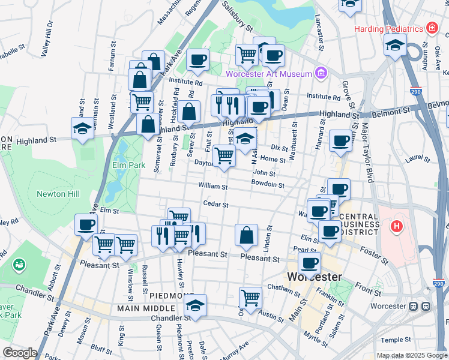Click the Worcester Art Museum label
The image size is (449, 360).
tap(269, 74)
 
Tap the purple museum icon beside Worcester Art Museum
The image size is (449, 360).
tap(321, 73)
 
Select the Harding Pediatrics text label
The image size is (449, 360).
tap(388, 28)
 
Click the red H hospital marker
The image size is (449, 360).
tap(396, 227)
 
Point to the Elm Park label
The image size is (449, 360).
tap(128, 164)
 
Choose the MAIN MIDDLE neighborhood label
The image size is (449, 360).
tap(141, 308)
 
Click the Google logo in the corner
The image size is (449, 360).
tap(20, 353)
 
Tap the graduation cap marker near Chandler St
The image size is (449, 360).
tap(195, 306)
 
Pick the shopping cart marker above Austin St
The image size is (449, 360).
tap(250, 297)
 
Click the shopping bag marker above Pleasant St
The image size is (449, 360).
tap(246, 235)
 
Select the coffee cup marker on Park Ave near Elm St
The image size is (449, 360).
tap(85, 225)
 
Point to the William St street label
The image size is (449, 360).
tap(214, 187)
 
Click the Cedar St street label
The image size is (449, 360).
tap(216, 205)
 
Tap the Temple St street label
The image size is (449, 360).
tap(396, 340)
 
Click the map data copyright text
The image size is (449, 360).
tap(411, 355)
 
